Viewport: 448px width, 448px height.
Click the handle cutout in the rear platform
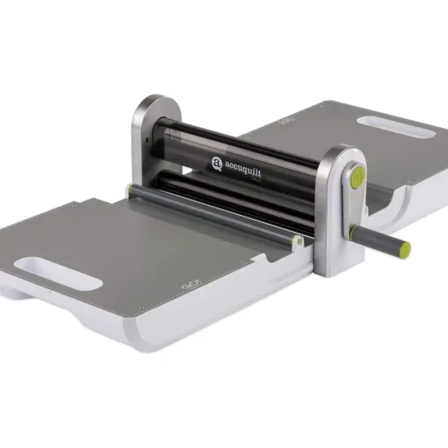[392, 125]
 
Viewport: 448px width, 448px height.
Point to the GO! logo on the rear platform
[287, 121]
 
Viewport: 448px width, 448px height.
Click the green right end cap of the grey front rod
[298, 242]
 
